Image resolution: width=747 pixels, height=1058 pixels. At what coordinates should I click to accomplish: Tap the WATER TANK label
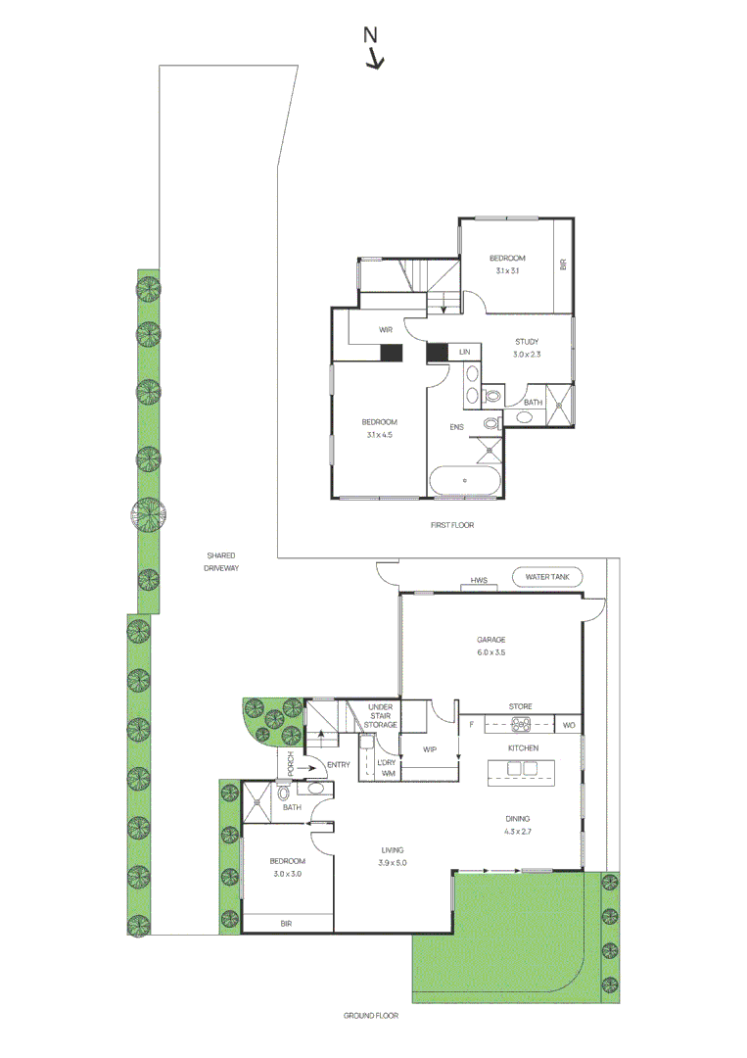546,577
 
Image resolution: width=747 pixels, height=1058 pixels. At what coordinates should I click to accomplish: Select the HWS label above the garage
479,580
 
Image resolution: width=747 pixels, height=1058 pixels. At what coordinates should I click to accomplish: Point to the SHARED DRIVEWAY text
221,562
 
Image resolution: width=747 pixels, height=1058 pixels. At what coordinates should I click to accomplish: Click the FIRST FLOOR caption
452,525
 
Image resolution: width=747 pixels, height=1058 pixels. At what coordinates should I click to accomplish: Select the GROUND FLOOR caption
371,1016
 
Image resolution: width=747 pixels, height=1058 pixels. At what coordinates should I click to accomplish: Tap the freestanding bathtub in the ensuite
465,480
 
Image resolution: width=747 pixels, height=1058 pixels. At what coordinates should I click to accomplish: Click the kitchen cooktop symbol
521,725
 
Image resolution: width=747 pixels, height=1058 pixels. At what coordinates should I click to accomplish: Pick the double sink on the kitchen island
522,769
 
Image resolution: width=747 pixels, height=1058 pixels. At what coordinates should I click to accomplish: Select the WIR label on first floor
386,330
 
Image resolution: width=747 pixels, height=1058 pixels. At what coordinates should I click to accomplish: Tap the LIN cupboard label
464,353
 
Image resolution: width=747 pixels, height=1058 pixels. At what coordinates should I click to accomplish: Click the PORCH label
291,763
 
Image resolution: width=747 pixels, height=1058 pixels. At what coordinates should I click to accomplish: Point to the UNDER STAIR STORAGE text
380,716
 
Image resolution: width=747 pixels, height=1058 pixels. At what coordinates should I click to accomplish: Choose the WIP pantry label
430,749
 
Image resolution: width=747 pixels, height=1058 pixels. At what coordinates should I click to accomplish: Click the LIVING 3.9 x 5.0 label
393,857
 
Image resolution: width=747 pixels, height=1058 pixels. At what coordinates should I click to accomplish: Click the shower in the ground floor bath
257,801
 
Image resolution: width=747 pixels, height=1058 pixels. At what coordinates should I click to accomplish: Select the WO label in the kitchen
569,725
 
